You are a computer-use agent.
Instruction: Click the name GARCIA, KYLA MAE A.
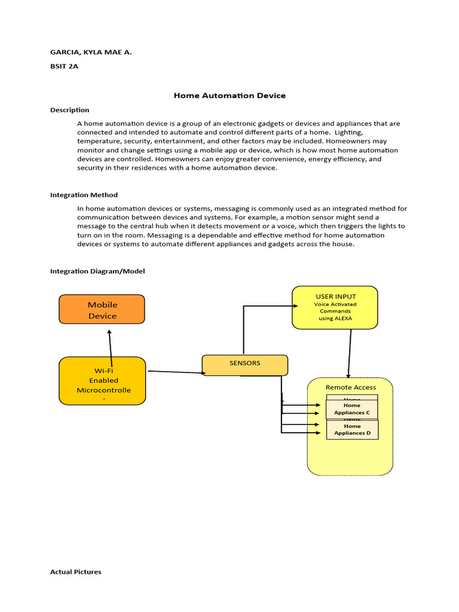(x=91, y=52)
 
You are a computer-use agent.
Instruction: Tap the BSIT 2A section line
(x=64, y=66)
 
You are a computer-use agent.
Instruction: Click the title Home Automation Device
(x=229, y=96)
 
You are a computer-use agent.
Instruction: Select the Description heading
(x=69, y=110)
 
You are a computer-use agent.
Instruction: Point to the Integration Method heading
(x=84, y=195)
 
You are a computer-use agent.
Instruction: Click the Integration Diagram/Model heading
(x=97, y=271)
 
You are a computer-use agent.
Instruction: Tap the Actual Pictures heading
(x=76, y=572)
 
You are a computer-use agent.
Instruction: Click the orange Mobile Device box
(x=102, y=310)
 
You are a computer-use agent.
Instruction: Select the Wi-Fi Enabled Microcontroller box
(x=102, y=381)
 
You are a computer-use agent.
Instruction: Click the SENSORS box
(x=244, y=365)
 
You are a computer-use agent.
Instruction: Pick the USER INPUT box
(x=335, y=307)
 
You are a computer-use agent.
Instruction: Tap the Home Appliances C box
(x=352, y=409)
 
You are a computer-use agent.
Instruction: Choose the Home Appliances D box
(x=352, y=430)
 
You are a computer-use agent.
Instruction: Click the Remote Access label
(x=351, y=387)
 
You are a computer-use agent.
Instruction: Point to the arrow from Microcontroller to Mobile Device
(x=110, y=344)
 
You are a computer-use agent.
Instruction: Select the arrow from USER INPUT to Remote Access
(x=350, y=353)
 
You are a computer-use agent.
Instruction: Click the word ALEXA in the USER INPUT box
(x=343, y=319)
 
